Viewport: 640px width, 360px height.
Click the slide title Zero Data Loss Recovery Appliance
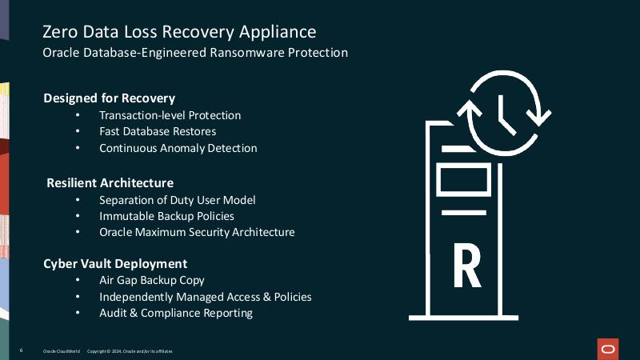pyautogui.click(x=179, y=32)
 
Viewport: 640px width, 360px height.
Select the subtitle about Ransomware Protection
pyautogui.click(x=195, y=53)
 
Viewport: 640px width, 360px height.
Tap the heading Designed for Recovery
pyautogui.click(x=110, y=98)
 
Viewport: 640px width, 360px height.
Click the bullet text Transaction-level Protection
pyautogui.click(x=170, y=115)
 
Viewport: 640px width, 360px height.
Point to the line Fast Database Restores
pyautogui.click(x=158, y=131)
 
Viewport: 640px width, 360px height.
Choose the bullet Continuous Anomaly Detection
pyautogui.click(x=178, y=148)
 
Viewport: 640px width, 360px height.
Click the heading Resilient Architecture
pyautogui.click(x=110, y=183)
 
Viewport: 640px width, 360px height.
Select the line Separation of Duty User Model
pyautogui.click(x=177, y=200)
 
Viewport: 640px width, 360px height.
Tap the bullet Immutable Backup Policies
pyautogui.click(x=166, y=216)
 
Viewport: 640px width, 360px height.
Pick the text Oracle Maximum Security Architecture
pyautogui.click(x=197, y=232)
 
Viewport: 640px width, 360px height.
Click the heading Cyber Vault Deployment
pyautogui.click(x=115, y=264)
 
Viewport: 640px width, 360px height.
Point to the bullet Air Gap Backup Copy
pyautogui.click(x=151, y=281)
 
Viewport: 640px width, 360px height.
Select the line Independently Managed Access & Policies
pyautogui.click(x=206, y=297)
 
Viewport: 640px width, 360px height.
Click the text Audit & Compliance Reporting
pyautogui.click(x=176, y=313)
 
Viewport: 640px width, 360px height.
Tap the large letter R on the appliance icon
pyautogui.click(x=467, y=266)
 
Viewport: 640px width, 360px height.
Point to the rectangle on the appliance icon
pyautogui.click(x=464, y=180)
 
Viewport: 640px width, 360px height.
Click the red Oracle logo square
pyautogui.click(x=608, y=349)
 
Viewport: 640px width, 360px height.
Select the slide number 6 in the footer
pyautogui.click(x=22, y=350)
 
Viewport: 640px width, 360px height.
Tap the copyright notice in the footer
pyautogui.click(x=130, y=351)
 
